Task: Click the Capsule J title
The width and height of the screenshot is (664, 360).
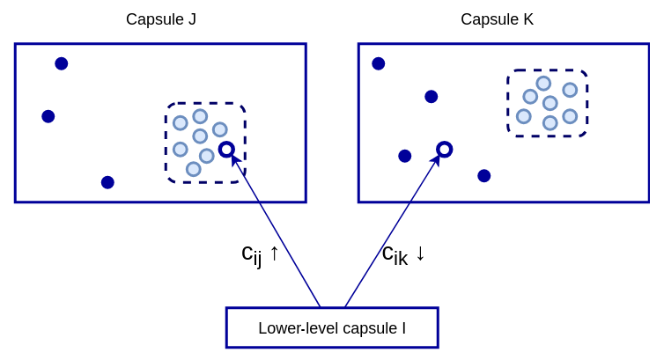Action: [x=161, y=19]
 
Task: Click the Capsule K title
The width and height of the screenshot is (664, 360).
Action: [x=497, y=19]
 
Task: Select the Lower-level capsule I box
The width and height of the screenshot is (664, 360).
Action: [x=332, y=327]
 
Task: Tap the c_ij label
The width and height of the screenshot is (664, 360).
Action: [x=251, y=254]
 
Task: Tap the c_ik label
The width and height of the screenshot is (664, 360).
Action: [x=394, y=254]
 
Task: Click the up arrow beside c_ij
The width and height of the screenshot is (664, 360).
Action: [x=274, y=253]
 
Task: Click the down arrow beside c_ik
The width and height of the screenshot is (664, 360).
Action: [x=420, y=253]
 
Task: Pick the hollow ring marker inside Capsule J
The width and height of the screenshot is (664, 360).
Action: [x=226, y=150]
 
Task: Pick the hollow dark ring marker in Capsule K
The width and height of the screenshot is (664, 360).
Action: [x=445, y=150]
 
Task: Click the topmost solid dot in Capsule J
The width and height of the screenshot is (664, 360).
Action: [x=62, y=63]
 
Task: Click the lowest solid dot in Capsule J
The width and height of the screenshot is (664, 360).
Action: [x=107, y=182]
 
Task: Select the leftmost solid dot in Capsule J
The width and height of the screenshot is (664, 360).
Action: [x=48, y=116]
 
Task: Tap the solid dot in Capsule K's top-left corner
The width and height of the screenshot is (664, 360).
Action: [x=379, y=63]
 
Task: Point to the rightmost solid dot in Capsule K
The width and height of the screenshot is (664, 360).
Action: [x=484, y=176]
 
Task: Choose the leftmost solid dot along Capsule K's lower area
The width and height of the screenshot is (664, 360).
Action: [x=405, y=156]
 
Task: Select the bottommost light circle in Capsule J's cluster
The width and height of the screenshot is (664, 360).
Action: [x=194, y=169]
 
